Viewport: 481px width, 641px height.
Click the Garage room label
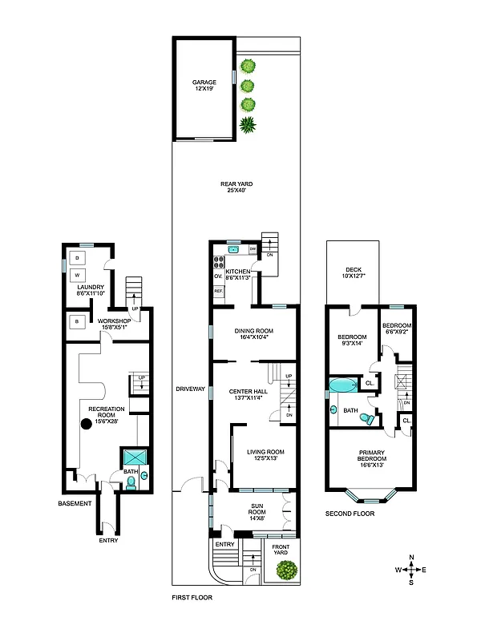pyautogui.click(x=204, y=86)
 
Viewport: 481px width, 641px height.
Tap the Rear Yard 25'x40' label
pyautogui.click(x=236, y=187)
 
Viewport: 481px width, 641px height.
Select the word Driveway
pyautogui.click(x=192, y=389)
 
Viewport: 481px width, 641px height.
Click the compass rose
pyautogui.click(x=411, y=570)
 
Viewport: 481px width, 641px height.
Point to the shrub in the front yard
pyautogui.click(x=285, y=570)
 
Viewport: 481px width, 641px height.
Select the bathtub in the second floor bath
pyautogui.click(x=346, y=385)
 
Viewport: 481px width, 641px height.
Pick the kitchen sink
pyautogui.click(x=234, y=249)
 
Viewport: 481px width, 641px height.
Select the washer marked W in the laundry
pyautogui.click(x=78, y=275)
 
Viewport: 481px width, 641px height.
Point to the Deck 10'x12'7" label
pyautogui.click(x=354, y=273)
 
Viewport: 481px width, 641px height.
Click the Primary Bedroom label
pyautogui.click(x=371, y=460)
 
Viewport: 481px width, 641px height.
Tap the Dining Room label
pyautogui.click(x=253, y=335)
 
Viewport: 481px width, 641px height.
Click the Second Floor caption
pyautogui.click(x=350, y=513)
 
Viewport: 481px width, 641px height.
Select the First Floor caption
pyautogui.click(x=192, y=598)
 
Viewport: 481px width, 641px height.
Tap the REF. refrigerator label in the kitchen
pyautogui.click(x=217, y=291)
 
